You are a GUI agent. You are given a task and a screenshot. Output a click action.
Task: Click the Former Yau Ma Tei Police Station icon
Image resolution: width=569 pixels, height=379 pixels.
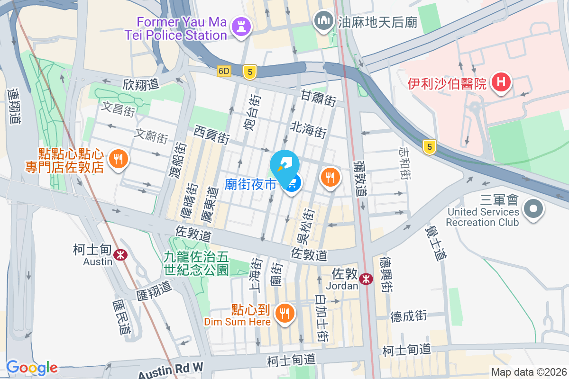click(240, 27)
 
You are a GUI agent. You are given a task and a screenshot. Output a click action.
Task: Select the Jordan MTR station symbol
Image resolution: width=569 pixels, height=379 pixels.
click(366, 279)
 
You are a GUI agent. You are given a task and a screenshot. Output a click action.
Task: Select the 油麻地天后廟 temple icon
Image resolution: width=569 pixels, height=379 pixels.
click(324, 21)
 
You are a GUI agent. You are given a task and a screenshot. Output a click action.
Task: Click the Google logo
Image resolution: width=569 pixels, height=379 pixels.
click(32, 367)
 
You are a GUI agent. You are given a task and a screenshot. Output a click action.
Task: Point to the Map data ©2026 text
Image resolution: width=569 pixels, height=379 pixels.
click(528, 372)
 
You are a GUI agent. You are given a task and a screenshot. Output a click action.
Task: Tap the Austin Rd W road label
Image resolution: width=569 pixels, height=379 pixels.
click(171, 369)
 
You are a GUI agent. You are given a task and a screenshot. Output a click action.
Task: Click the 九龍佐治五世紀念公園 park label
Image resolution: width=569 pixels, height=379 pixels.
click(196, 264)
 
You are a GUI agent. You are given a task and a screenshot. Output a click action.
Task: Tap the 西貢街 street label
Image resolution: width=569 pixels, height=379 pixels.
click(212, 134)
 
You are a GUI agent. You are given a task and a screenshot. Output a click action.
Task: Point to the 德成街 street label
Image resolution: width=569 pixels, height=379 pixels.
click(409, 316)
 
